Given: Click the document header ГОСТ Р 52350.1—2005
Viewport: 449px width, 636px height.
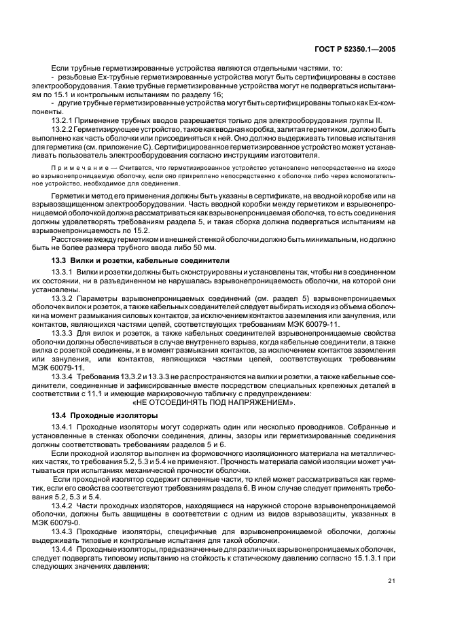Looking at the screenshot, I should click(x=362, y=48).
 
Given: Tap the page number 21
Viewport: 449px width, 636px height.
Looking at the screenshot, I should click(x=392, y=580).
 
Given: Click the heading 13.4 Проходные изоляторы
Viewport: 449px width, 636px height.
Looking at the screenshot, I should click(x=105, y=414).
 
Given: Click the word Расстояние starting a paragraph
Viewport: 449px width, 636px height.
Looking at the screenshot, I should click(x=73, y=239).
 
